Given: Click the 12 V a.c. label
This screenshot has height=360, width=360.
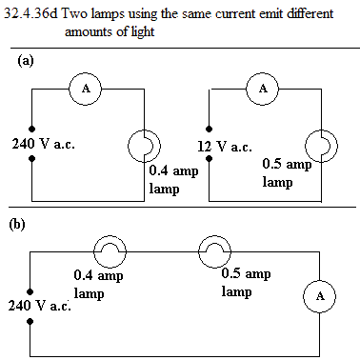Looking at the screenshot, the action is point(225,147).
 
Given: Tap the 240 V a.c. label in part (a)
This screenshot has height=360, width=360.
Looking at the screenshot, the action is point(44,144).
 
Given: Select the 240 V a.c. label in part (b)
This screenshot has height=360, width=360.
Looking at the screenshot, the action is point(40,306).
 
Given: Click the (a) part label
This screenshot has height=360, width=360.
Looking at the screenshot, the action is point(26,60).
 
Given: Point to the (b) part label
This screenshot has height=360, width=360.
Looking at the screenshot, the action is point(17,225).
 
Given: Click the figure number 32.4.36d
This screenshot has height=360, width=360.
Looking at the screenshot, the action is point(30,14).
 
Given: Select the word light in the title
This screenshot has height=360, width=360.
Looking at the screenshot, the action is point(142,32).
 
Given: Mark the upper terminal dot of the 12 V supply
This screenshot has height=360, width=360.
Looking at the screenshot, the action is point(209,129).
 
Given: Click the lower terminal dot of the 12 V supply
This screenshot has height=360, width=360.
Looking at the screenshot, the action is point(209,158).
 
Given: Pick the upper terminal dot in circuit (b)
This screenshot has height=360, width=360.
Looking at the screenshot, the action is point(30,291).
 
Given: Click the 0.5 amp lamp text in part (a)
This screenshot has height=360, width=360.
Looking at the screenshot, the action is point(288,173).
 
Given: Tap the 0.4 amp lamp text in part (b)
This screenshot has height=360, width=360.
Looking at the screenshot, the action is point(98,285).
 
